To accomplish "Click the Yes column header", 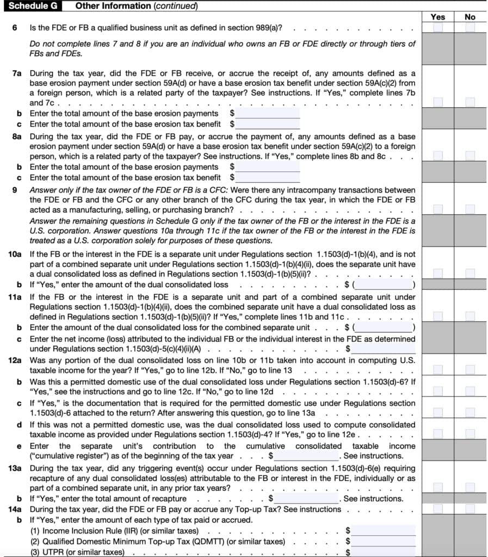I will pos(437,17).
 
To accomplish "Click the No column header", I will pos(470,17).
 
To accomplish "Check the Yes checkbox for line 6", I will pos(438,28).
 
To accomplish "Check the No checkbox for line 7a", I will pos(470,102).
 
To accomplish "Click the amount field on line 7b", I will pos(268,114).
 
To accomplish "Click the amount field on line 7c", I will pos(268,124).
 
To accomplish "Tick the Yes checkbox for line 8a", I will pos(438,156).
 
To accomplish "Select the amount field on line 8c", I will pos(268,177).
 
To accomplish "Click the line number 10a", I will pos(15,254).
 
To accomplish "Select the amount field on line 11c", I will pos(384,349).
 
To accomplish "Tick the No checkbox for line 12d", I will pos(470,434).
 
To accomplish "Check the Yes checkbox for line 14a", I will pos(438,509).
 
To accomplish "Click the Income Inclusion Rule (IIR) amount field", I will pos(384,530).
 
